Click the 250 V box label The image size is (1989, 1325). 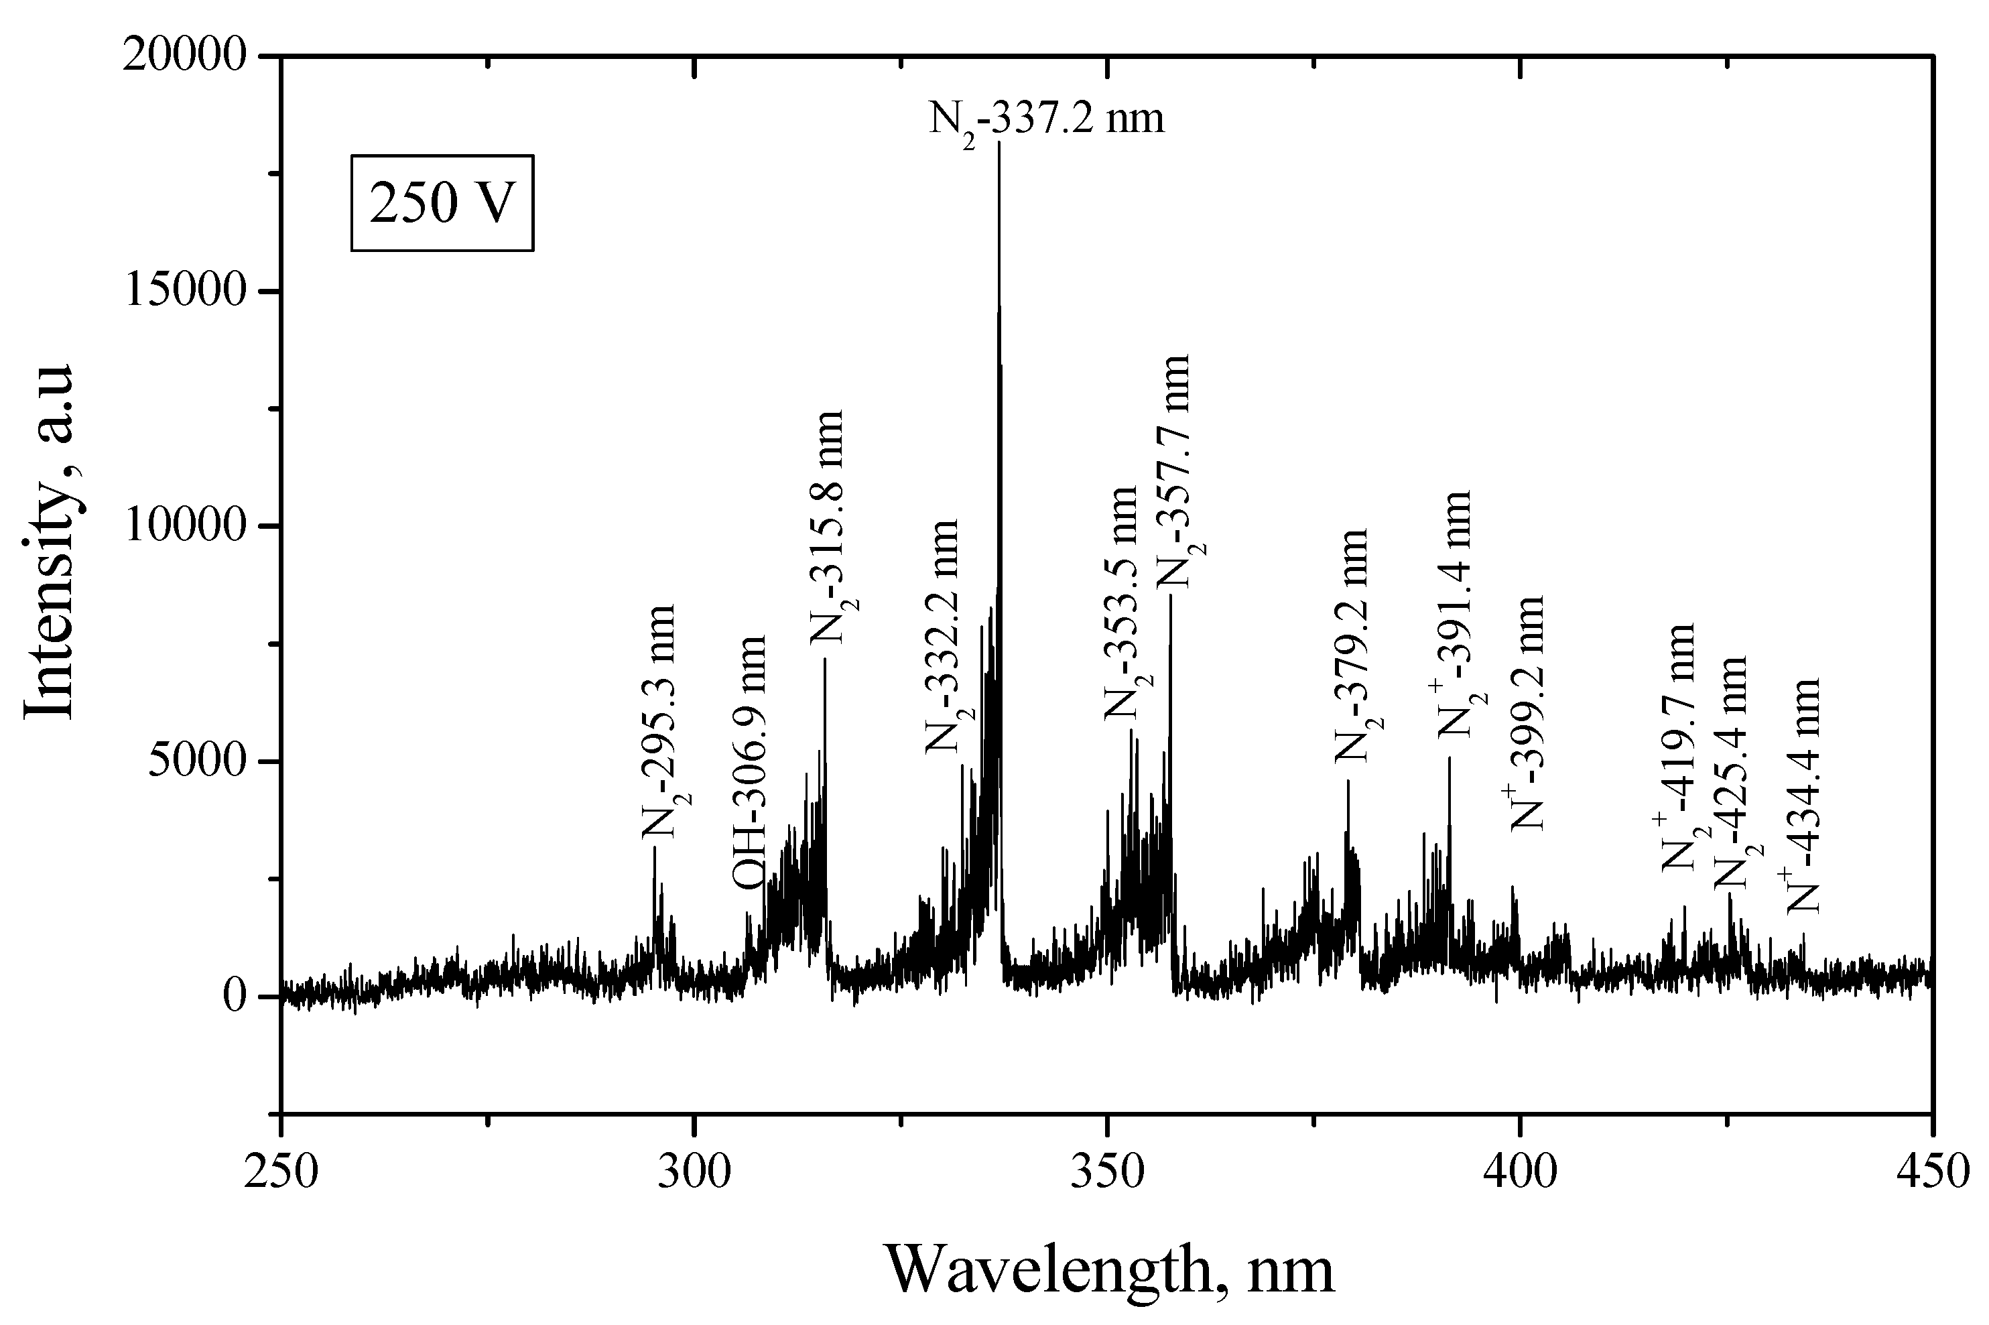(x=442, y=203)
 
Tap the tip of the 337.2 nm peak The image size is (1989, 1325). (x=999, y=143)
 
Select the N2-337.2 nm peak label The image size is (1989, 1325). (x=1046, y=119)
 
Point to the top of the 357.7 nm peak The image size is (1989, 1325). (x=1170, y=596)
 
